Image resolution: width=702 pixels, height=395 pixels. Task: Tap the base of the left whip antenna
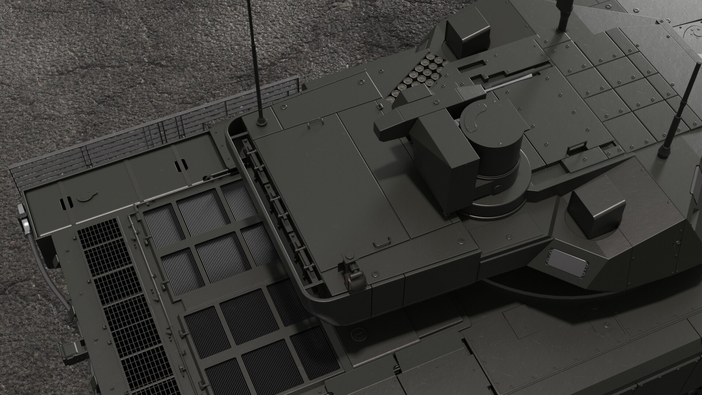click(x=261, y=121)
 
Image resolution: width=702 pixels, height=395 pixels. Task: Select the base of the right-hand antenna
click(x=663, y=151)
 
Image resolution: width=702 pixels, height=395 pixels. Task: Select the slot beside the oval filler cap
click(x=66, y=201)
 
